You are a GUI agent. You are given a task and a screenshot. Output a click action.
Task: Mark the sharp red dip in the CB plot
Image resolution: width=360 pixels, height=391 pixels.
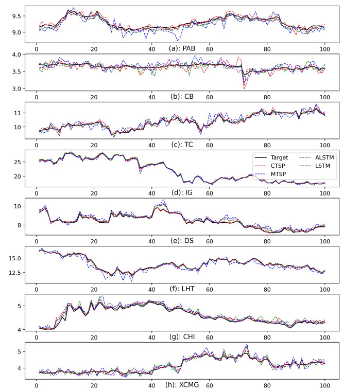tap(244, 88)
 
